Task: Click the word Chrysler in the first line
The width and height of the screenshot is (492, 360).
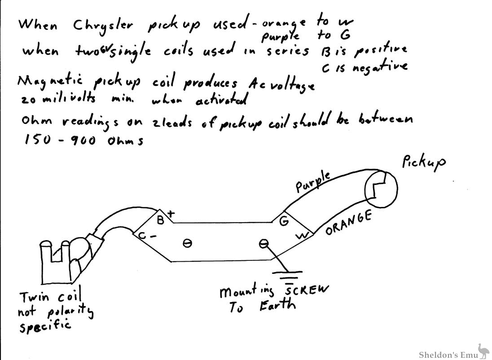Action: click(x=103, y=26)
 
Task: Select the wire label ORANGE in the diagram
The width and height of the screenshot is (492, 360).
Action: click(x=349, y=223)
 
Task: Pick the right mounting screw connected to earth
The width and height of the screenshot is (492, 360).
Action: click(x=264, y=243)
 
